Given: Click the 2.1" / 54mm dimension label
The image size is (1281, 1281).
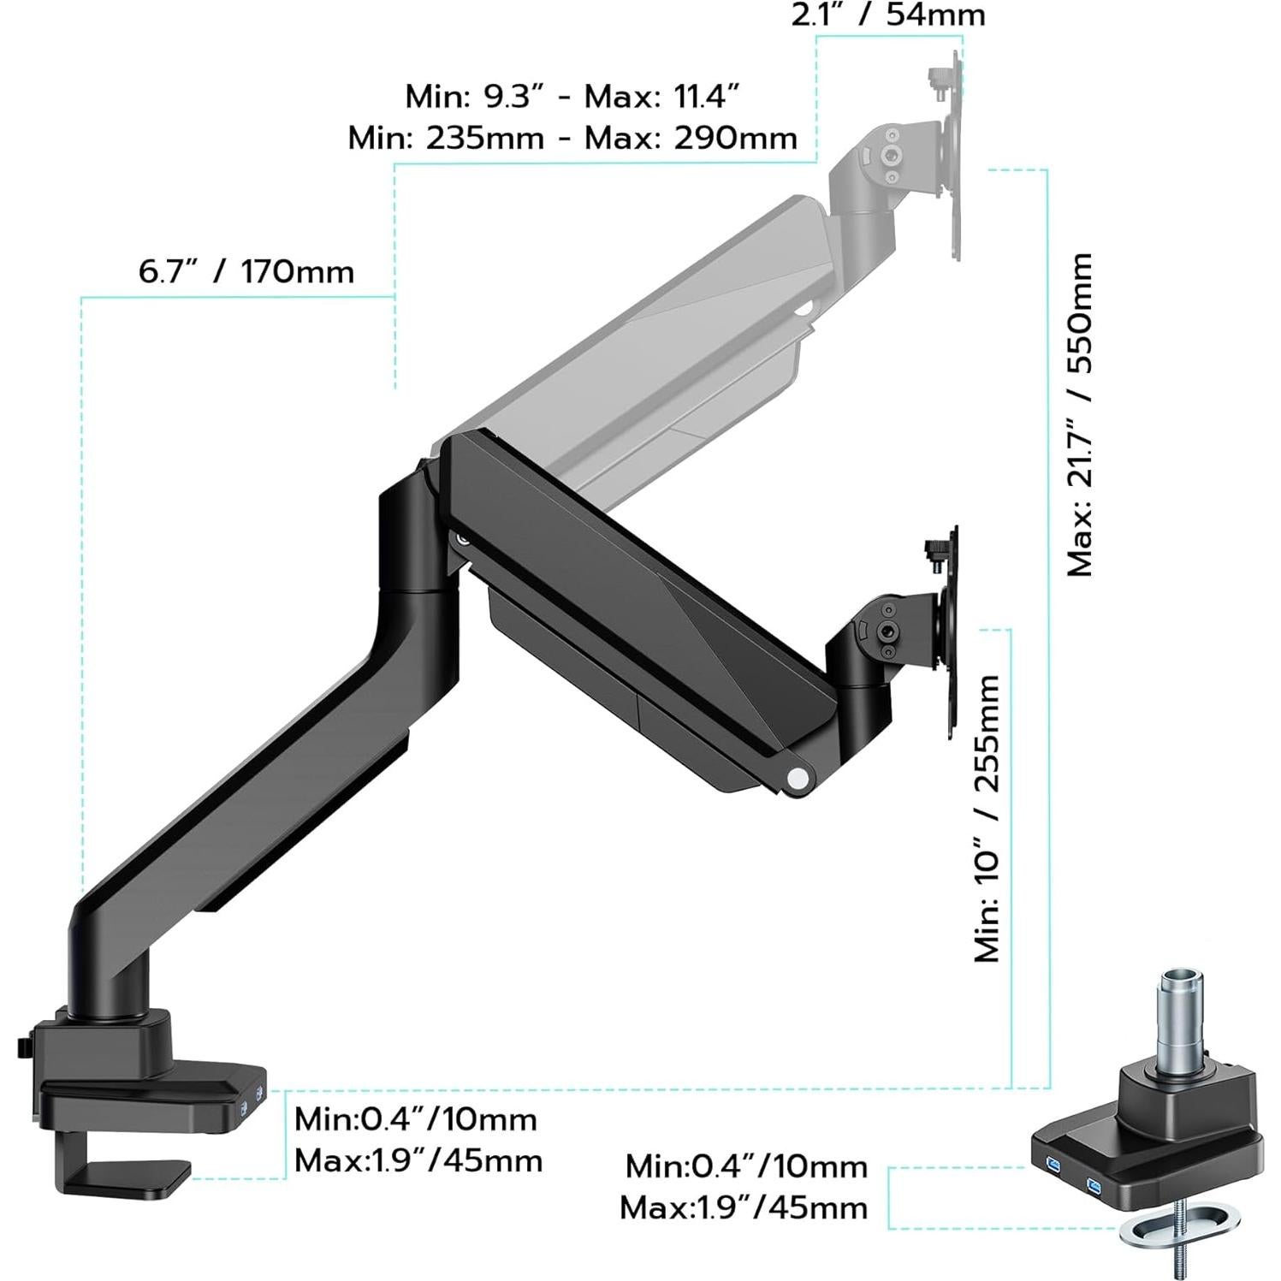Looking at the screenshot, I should point(887,15).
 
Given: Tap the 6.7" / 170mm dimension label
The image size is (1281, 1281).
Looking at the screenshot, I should point(246,272).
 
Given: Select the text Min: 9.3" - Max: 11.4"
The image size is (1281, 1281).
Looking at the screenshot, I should point(572,97).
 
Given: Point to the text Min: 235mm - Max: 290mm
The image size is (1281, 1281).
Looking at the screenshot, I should point(572,138).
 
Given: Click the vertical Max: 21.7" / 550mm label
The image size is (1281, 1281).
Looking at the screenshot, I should point(1080,414).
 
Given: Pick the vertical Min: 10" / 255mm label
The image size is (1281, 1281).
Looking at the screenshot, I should point(987,818).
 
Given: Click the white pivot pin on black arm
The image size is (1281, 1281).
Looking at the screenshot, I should point(798,778).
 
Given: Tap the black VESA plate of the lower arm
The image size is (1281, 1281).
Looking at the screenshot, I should point(952,633).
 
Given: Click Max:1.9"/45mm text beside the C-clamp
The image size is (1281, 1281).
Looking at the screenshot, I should point(418,1161).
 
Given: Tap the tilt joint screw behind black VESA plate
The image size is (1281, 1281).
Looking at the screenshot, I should point(891,632).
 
